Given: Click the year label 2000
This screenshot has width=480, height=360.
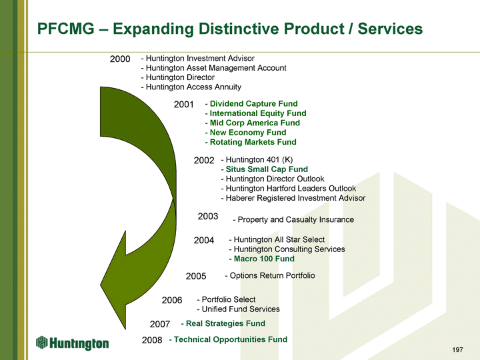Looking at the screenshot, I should [119, 59].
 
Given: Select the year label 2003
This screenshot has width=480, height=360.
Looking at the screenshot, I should [208, 216].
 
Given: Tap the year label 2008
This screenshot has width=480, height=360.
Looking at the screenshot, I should [152, 340].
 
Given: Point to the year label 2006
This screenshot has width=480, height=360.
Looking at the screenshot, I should [172, 300].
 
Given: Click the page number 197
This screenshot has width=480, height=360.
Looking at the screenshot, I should [457, 350].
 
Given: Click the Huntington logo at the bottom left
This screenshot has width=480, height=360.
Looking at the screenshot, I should [73, 343].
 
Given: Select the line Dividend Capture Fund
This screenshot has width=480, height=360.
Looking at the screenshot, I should [251, 104].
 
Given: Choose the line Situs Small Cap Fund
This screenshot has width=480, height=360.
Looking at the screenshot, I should [265, 169].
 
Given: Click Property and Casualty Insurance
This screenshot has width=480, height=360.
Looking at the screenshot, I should [293, 220].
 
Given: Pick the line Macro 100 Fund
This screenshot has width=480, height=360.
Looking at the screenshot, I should [261, 259].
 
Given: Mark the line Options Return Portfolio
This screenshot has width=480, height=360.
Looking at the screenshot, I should [270, 275].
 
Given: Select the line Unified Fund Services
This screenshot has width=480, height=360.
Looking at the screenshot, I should [239, 309].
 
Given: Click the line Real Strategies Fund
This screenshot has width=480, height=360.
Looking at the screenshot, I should [223, 323].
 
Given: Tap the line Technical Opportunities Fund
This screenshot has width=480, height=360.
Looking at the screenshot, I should [228, 339].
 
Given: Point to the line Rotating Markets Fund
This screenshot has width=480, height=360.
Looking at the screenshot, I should [251, 142].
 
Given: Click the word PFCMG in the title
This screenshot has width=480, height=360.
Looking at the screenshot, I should [65, 29].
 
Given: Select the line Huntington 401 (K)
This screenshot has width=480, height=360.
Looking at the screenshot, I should [257, 159].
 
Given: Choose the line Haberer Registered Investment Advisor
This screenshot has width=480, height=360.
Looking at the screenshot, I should [293, 198].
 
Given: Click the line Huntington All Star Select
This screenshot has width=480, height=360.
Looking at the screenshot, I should [277, 239].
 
